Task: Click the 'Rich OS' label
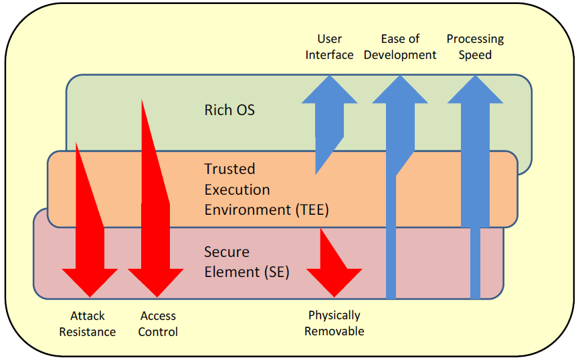point(229,110)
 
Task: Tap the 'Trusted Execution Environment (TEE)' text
point(266,189)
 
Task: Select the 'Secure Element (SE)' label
point(247,262)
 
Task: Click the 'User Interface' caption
point(329,47)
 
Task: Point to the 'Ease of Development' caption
point(400,47)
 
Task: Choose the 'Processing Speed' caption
point(475,47)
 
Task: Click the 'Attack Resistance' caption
point(88,324)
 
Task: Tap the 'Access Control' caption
point(158,324)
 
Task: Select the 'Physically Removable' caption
point(334,323)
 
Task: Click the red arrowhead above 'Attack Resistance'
point(90,281)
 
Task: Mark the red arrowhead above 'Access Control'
point(156,281)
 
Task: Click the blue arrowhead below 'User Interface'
point(329,90)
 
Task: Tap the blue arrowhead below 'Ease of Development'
point(400,90)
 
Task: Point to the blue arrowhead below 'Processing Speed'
point(475,90)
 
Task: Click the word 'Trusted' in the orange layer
point(229,169)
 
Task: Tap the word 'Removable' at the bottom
point(334,331)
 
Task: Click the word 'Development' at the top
point(400,55)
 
